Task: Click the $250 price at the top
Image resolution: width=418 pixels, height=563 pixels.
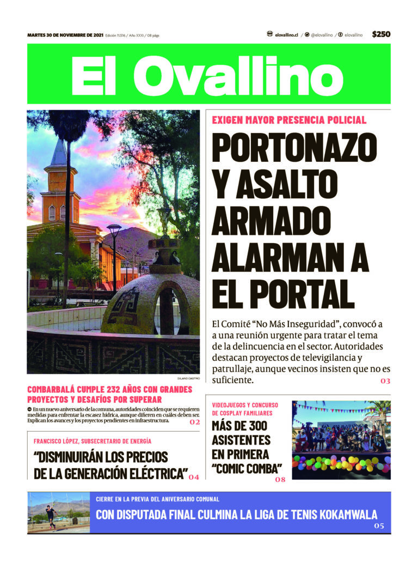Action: pos(381,34)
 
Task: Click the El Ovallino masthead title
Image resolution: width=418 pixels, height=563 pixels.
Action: pos(207,74)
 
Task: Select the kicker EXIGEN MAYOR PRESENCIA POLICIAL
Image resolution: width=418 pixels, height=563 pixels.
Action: pos(289,120)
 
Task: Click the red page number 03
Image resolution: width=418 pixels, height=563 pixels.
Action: pos(385,380)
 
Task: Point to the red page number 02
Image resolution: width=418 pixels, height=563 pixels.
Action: pos(195,422)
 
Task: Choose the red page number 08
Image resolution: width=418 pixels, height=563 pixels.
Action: pos(280,480)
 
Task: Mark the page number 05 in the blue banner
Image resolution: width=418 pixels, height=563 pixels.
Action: pos(379,526)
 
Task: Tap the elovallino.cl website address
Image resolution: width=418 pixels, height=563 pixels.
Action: pos(286,35)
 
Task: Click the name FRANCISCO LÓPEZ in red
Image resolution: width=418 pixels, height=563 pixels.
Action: pos(58,441)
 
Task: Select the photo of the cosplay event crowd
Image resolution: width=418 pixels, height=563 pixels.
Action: pos(341,440)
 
